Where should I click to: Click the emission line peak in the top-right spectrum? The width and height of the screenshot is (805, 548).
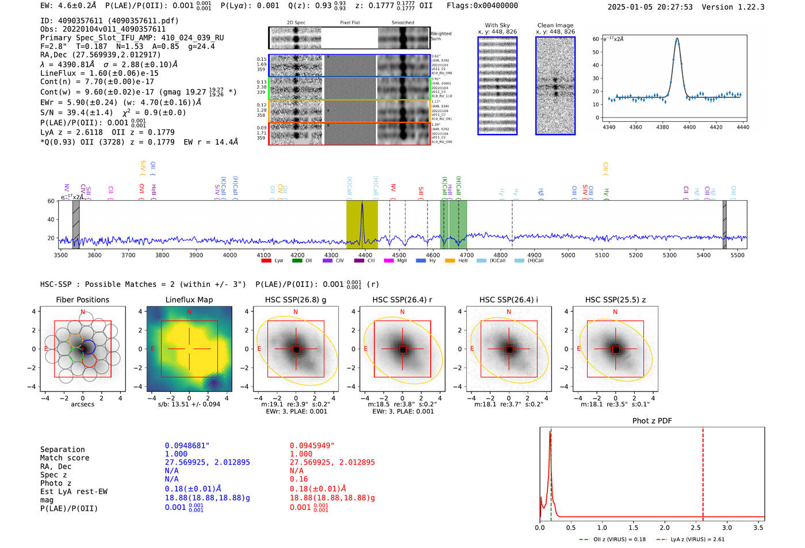click(x=677, y=39)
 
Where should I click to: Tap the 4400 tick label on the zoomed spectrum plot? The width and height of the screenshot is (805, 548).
click(x=689, y=127)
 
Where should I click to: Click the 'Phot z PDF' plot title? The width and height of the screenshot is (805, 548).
click(x=652, y=421)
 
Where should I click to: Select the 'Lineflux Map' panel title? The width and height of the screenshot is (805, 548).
click(x=189, y=300)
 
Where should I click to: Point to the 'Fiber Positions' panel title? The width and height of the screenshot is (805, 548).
click(x=83, y=300)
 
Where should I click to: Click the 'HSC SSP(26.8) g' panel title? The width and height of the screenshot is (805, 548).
click(x=296, y=300)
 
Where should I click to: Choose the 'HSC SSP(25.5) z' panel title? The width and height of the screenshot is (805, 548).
click(x=615, y=300)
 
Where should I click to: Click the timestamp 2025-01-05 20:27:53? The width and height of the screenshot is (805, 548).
click(x=650, y=7)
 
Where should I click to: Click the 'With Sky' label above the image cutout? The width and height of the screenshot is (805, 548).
click(x=497, y=25)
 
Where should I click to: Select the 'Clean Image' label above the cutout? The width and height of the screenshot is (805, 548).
click(x=555, y=25)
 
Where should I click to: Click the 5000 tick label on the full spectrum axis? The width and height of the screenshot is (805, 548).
click(x=568, y=255)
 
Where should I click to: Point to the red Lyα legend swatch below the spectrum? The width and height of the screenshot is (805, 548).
click(x=266, y=261)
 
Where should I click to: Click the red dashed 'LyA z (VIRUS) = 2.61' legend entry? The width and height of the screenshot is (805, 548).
click(x=692, y=539)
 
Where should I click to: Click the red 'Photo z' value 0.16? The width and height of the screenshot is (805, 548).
click(x=299, y=479)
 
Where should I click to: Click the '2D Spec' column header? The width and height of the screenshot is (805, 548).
click(x=296, y=23)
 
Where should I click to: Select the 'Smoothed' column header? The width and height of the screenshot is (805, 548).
click(x=402, y=23)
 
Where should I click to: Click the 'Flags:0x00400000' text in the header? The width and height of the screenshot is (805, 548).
click(x=482, y=6)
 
